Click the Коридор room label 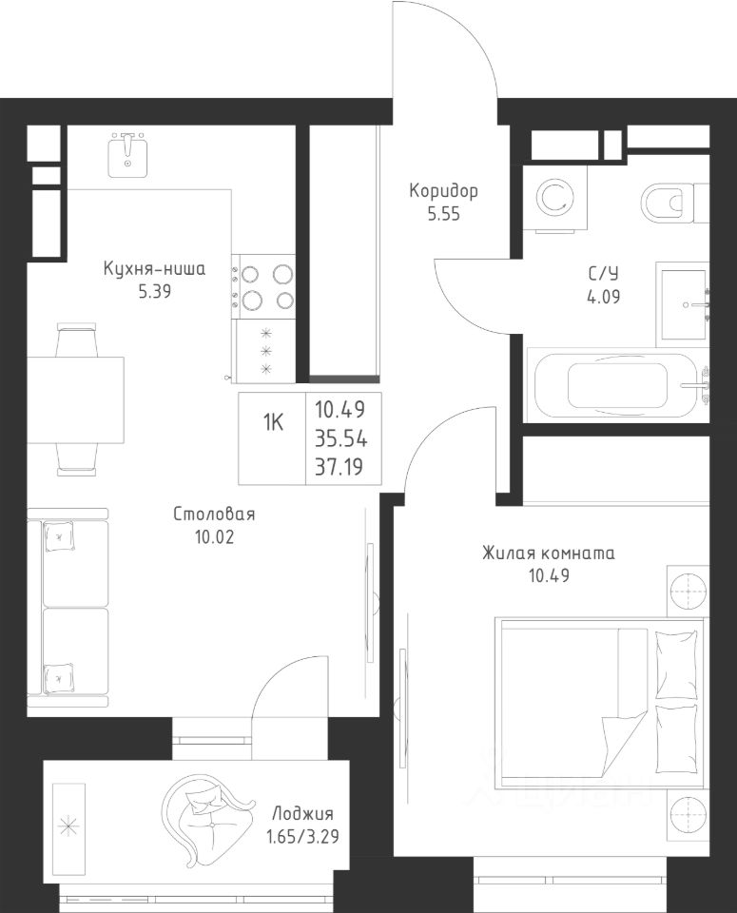click(443, 191)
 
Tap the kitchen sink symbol click(127, 155)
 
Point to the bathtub click(618, 385)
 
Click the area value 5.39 click(154, 292)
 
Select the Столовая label click(214, 515)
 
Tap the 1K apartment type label click(272, 423)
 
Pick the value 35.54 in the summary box click(340, 439)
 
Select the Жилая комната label click(549, 553)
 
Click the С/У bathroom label click(603, 274)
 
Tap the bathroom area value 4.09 click(603, 297)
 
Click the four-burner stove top click(263, 286)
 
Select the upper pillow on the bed click(676, 665)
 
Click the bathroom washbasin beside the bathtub click(682, 303)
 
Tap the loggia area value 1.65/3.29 click(302, 837)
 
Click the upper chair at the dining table click(76, 341)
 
